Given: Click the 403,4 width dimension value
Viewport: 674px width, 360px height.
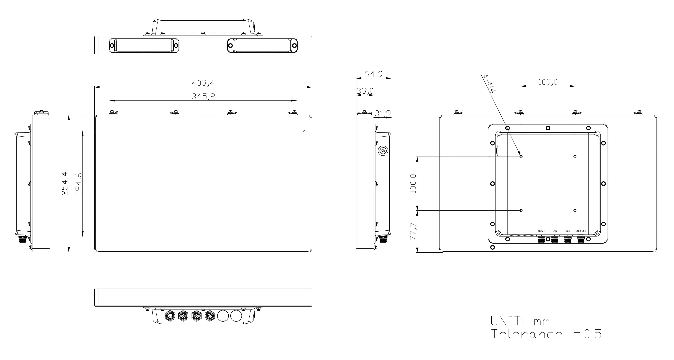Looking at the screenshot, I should coord(203,83).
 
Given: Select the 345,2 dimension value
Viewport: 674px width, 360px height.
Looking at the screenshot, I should coord(203,97).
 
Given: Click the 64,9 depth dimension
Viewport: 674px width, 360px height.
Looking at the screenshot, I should coord(374,74).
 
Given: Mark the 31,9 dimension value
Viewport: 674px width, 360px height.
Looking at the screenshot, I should coord(383,113).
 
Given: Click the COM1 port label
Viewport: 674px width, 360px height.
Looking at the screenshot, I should coord(541,231).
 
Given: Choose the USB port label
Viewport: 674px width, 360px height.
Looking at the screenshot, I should coord(567,231).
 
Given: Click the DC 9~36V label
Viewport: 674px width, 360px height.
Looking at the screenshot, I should coord(581,231).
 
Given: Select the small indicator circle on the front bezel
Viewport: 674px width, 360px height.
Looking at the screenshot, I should coord(304,131).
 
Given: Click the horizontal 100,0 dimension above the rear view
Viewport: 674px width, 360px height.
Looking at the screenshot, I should coord(548,82).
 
